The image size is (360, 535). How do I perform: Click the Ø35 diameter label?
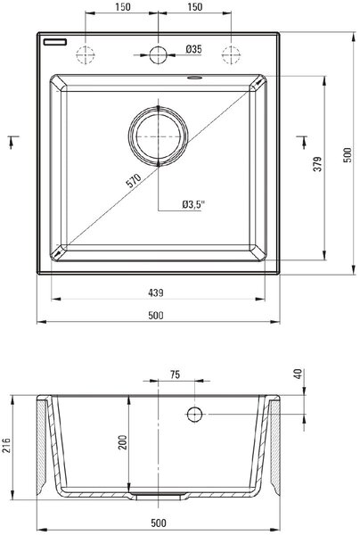click(x=193, y=49)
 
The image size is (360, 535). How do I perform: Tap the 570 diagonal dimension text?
click(x=134, y=181)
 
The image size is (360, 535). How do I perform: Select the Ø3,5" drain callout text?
click(x=193, y=204)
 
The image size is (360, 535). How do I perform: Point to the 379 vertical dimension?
click(x=317, y=164)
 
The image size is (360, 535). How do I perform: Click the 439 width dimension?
click(x=156, y=292)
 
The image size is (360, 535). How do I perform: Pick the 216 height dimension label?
click(x=7, y=444)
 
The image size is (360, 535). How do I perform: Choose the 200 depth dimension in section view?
click(x=122, y=442)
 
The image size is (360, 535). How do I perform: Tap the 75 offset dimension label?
click(x=175, y=374)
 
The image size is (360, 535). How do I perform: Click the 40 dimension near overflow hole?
click(x=299, y=374)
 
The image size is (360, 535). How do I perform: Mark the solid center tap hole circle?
click(x=159, y=54)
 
